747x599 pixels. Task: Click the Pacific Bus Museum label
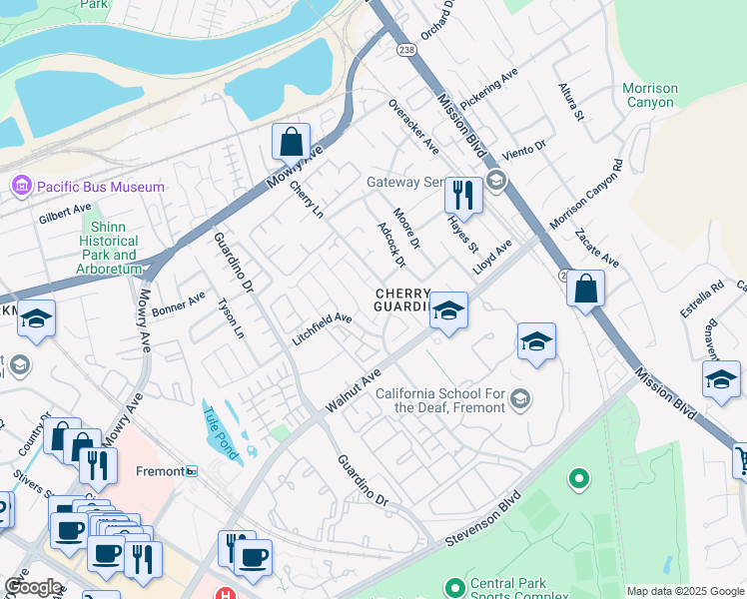[x=100, y=187]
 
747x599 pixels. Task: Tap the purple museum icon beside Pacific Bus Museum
[x=21, y=187]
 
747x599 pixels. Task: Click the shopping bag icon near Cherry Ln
[x=291, y=142]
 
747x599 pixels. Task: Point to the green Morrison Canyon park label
[x=650, y=95]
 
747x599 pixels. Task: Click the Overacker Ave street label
[x=413, y=126]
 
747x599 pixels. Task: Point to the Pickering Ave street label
[x=490, y=89]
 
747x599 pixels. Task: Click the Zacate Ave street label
[x=597, y=249]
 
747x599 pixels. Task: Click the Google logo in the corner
[x=32, y=587]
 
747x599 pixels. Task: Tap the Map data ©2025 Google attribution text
[x=684, y=591]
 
